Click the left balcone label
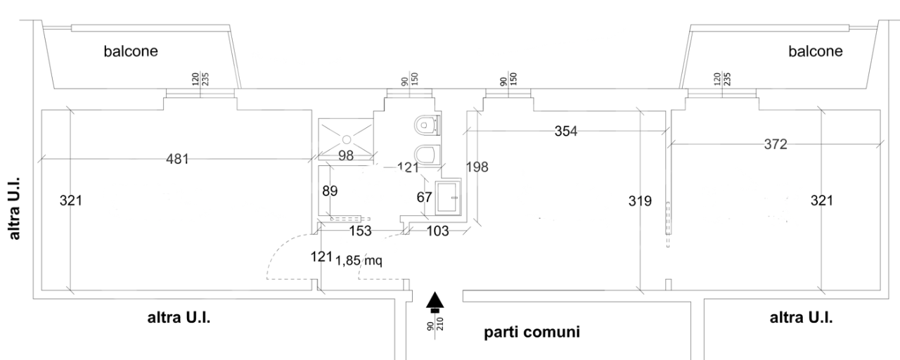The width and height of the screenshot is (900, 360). pyautogui.click(x=131, y=51)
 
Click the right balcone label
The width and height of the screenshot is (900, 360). pyautogui.click(x=815, y=51)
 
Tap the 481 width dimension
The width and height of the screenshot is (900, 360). pyautogui.click(x=176, y=160)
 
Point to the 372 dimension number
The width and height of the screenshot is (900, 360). pyautogui.click(x=776, y=144)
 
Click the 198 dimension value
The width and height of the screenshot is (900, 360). pyautogui.click(x=477, y=167)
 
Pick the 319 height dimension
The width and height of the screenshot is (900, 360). pyautogui.click(x=640, y=201)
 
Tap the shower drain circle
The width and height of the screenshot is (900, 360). pyautogui.click(x=347, y=139)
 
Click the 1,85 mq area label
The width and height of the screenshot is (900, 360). pyautogui.click(x=359, y=260)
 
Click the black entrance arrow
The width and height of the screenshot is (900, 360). pyautogui.click(x=436, y=300)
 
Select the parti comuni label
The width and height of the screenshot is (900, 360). pyautogui.click(x=532, y=332)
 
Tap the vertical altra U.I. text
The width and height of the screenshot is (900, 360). pyautogui.click(x=13, y=207)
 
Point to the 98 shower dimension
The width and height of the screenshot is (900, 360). pyautogui.click(x=346, y=156)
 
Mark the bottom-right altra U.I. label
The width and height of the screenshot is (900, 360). pyautogui.click(x=802, y=317)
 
